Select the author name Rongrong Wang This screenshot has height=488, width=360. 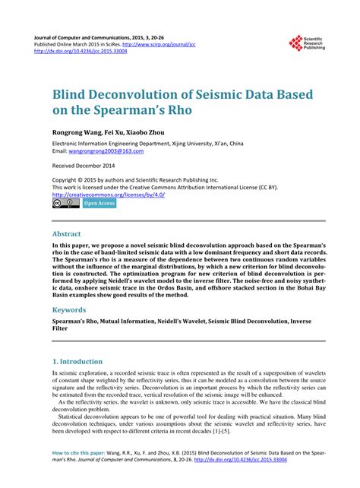tap(77, 132)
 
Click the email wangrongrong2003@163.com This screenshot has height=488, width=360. tap(106, 151)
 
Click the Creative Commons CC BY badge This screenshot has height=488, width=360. tap(65, 204)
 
